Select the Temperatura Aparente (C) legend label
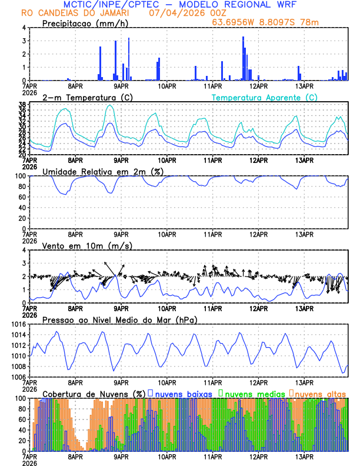(x=264, y=97)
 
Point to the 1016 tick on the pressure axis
(x=18, y=324)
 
